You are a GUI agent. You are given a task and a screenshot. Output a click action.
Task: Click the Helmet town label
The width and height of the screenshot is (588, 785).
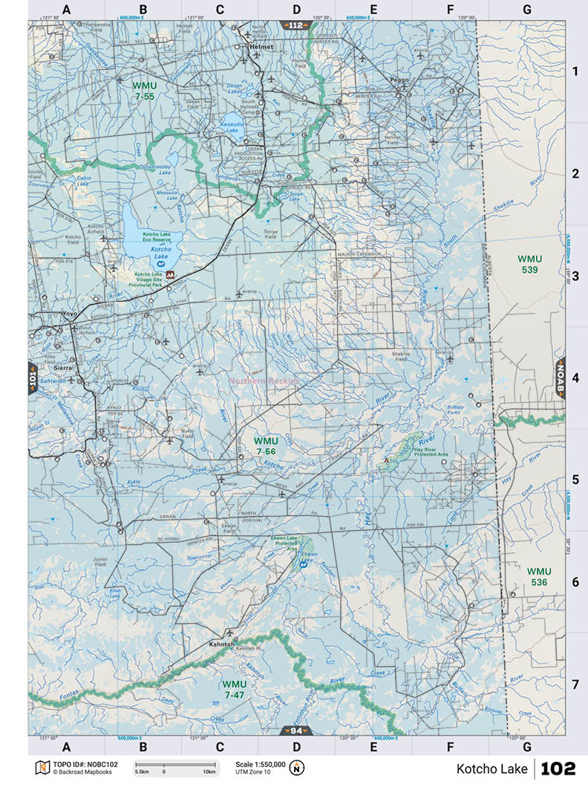[x=261, y=47]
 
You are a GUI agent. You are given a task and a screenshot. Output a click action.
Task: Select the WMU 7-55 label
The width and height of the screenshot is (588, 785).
[x=144, y=91]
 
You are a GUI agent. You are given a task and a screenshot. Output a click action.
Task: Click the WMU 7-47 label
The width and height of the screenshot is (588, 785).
[x=234, y=688]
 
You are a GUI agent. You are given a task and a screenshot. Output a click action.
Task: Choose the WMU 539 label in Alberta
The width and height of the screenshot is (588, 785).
[x=530, y=264]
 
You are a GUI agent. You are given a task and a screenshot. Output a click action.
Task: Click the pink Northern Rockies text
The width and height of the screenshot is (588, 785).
[x=264, y=381]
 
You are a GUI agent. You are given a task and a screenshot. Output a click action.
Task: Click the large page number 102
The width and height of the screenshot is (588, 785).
[x=558, y=769]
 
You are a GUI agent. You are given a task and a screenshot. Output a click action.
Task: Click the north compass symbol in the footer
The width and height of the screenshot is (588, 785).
[x=297, y=768]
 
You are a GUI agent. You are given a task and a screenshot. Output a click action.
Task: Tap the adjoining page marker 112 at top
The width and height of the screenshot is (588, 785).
[x=296, y=25]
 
